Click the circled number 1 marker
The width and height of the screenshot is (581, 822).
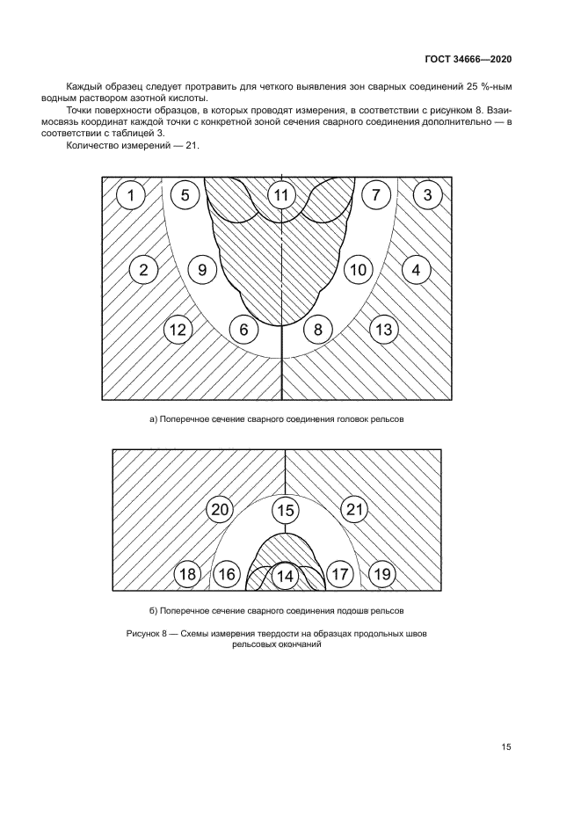pos(130,195)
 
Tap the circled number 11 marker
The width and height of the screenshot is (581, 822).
pos(281,195)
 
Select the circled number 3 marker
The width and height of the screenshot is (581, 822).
pos(427,195)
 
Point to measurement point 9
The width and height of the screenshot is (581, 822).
pos(202,270)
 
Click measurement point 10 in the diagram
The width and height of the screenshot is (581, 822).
pos(357,270)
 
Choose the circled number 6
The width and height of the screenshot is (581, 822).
pos(243,330)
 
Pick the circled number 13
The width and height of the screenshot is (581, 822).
pos(382,330)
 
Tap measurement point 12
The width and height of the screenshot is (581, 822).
pos(178,330)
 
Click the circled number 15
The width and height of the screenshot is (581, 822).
pos(285,510)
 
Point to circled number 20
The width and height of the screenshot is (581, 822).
pos(221,510)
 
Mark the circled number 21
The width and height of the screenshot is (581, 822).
pos(354,510)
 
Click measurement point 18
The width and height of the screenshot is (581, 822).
pos(187,574)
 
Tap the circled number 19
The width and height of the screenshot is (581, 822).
pos(381,574)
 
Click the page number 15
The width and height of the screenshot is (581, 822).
pos(506,747)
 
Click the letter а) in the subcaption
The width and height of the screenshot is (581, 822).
pos(152,419)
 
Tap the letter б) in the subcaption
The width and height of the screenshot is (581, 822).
pos(152,609)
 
